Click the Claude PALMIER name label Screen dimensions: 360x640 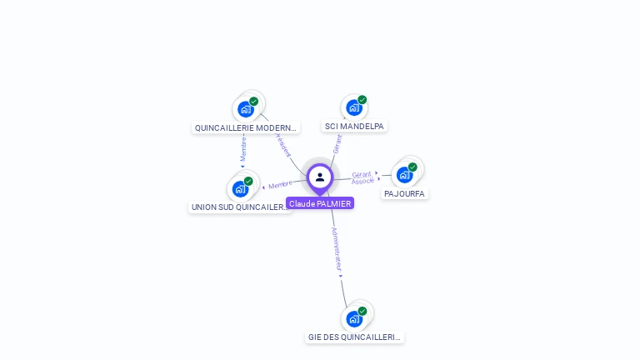point(320,203)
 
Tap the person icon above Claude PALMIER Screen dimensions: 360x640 point(320,177)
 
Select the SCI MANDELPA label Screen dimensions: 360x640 point(354,127)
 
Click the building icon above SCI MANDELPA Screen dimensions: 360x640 point(353,107)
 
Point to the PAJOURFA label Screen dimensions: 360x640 point(404,194)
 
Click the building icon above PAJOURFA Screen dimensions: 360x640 point(404,175)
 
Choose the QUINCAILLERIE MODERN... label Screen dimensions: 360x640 point(245,128)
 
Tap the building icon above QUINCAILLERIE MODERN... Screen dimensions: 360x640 point(245,108)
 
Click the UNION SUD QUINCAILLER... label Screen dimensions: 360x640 point(240,207)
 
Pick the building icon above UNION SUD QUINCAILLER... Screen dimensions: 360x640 point(240,188)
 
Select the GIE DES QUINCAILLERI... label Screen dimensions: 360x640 point(354,337)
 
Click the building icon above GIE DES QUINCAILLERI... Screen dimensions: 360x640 point(354,318)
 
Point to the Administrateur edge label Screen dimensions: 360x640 point(336,248)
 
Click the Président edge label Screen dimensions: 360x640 point(283,143)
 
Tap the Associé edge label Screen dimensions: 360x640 point(362,181)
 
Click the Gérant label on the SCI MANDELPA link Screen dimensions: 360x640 point(337,143)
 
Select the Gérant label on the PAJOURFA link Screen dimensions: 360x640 point(361,173)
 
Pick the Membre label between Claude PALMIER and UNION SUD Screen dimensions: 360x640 point(281,184)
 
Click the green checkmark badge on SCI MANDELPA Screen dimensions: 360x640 point(362,100)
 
